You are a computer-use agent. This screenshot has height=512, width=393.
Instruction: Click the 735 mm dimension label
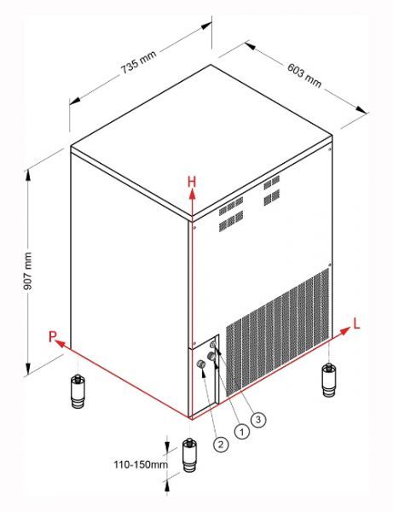139,62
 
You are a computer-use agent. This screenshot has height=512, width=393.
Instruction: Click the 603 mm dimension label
304,75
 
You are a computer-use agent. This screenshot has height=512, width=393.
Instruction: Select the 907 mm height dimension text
28,271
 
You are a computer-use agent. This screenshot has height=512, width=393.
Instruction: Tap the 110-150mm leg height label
141,465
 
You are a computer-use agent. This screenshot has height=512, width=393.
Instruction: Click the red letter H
192,182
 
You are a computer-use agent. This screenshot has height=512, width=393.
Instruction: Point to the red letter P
52,337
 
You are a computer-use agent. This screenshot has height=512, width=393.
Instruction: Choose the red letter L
356,323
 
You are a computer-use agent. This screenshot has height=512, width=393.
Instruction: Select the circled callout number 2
221,445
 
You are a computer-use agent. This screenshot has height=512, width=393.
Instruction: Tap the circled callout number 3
258,419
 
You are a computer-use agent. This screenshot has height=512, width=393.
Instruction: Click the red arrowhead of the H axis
193,194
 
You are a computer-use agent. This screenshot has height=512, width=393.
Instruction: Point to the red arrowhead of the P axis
60,343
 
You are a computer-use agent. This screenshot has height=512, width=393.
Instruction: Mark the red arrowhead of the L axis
344,331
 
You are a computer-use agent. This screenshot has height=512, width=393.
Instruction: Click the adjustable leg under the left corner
78,391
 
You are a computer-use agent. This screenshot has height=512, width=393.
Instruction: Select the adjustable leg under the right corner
329,379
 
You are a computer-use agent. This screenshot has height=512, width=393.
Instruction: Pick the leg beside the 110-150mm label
189,455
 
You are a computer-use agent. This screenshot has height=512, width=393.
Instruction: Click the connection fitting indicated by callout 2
201,364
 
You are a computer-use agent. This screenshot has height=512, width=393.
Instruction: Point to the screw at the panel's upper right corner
329,149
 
